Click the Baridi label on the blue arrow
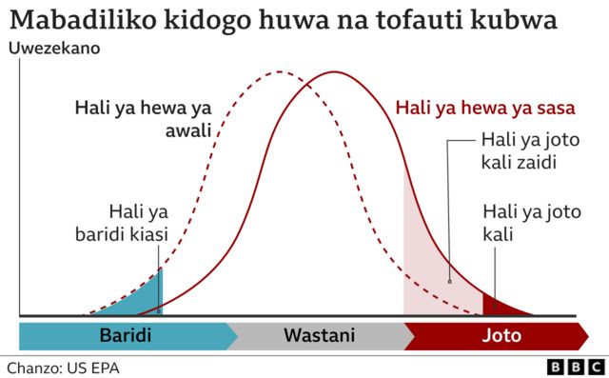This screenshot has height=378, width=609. click(125, 336)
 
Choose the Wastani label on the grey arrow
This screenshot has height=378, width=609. click(319, 336)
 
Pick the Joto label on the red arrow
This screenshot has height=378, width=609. click(501, 336)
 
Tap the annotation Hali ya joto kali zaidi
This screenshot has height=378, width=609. click(519, 150)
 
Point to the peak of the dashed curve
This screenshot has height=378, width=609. click(277, 72)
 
